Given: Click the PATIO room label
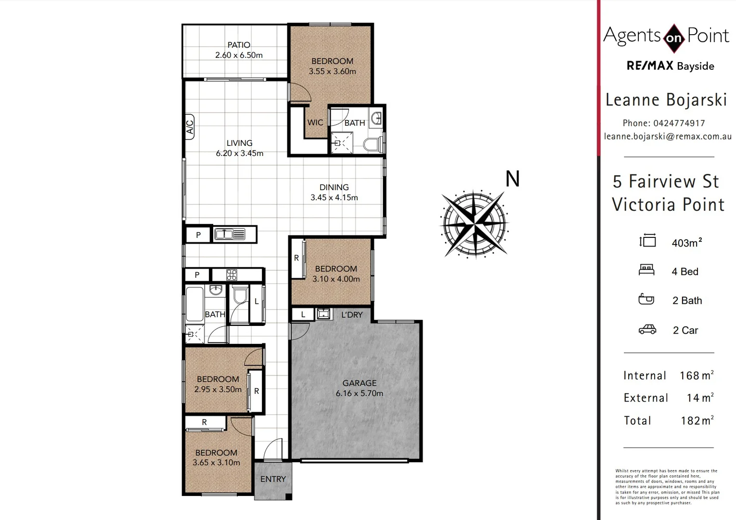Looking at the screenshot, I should (x=239, y=45).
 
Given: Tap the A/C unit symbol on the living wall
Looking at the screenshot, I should (x=189, y=127).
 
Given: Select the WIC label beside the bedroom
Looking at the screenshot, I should (x=315, y=122).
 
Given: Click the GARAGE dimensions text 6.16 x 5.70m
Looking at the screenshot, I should (x=360, y=393).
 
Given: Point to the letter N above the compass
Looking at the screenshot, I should (x=513, y=179).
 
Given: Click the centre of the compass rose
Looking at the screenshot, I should (x=475, y=224).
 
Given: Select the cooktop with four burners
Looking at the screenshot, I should (x=232, y=275).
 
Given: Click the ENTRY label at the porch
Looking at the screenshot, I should (x=273, y=479).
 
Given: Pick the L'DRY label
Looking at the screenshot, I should (x=351, y=314).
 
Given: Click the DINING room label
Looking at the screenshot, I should (x=334, y=187).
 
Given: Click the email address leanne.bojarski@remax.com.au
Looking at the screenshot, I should (x=668, y=136).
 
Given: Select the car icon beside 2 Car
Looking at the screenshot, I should (x=647, y=330).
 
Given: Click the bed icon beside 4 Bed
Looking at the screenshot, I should (x=646, y=270).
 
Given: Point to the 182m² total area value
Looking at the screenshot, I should (x=697, y=420).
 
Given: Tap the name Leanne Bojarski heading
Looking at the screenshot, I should (x=666, y=100).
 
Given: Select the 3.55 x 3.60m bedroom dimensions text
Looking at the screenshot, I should (x=332, y=71).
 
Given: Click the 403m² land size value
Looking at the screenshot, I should (x=687, y=243).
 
